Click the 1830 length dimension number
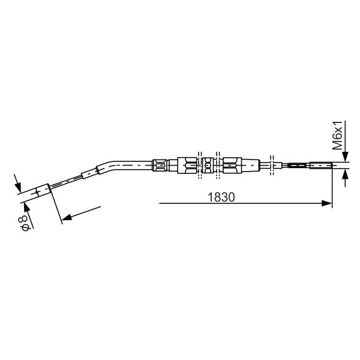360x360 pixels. pyautogui.click(x=221, y=197)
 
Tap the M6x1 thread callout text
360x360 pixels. pyautogui.click(x=337, y=136)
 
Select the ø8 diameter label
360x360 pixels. pyautogui.click(x=23, y=223)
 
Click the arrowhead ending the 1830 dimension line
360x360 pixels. pyautogui.click(x=327, y=203)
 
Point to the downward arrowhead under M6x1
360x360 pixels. pyautogui.click(x=346, y=157)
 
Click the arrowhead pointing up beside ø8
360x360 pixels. pyautogui.click(x=26, y=208)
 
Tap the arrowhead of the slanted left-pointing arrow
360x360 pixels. pyautogui.click(x=67, y=217)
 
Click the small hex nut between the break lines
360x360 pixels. pyautogui.click(x=208, y=166)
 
